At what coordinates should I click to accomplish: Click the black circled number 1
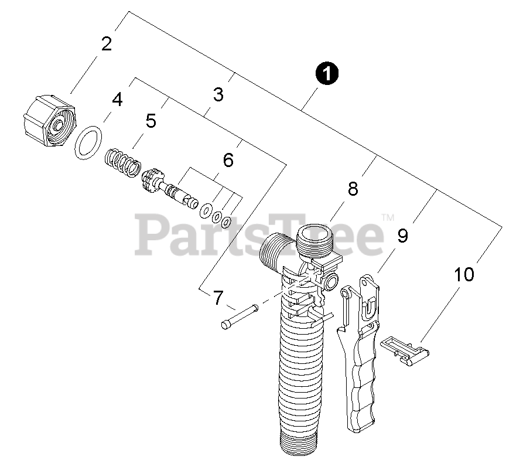click(327, 73)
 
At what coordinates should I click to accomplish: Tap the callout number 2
click(107, 44)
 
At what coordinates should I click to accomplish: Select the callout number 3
click(218, 94)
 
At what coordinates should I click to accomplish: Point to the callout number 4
click(117, 100)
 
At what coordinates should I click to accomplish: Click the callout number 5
click(151, 121)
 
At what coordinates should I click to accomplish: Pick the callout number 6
click(228, 160)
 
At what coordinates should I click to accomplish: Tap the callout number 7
click(218, 298)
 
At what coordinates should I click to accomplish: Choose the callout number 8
click(353, 189)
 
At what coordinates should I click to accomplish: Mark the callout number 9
click(402, 236)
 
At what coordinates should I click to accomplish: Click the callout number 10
click(464, 274)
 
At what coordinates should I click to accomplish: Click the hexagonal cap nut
click(49, 121)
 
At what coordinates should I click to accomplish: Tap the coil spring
click(122, 162)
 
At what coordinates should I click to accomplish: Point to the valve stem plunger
click(169, 188)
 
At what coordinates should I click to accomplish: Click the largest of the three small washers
click(206, 210)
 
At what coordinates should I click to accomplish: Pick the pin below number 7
click(240, 316)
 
